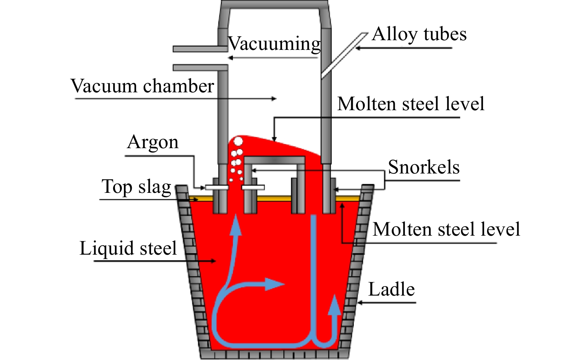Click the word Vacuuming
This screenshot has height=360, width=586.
[x=274, y=44]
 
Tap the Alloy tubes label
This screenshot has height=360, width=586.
[x=419, y=34]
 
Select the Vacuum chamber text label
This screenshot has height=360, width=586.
[x=142, y=86]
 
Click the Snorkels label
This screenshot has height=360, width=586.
[x=423, y=167]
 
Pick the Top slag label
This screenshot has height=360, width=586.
[x=136, y=187]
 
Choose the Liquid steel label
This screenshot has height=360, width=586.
[x=128, y=248]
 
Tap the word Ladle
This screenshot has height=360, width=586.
[x=391, y=289]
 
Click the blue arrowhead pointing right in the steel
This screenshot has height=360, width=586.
[x=275, y=284]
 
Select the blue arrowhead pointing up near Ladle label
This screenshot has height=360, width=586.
[x=336, y=304]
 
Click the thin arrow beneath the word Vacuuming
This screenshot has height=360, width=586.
[x=273, y=58]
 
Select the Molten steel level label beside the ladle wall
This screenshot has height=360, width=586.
[x=446, y=229]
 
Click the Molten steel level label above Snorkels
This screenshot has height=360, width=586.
[x=411, y=104]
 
